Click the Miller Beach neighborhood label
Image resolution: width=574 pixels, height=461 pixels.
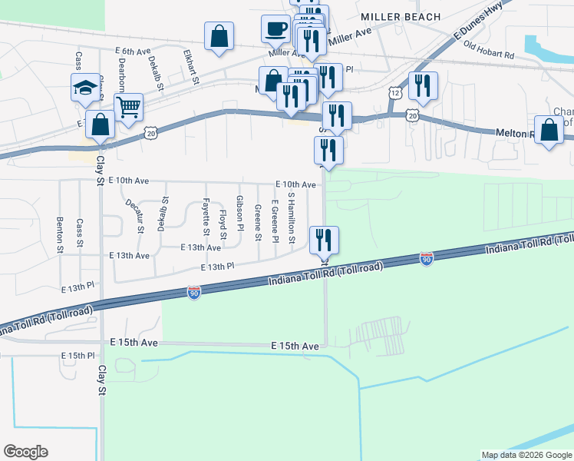(x=401, y=17)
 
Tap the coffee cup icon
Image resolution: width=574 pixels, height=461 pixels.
(x=275, y=30)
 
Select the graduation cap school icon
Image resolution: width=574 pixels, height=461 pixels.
(x=85, y=88)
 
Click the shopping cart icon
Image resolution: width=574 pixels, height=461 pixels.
(x=128, y=108)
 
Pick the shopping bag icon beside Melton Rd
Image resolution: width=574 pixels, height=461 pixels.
(x=550, y=130)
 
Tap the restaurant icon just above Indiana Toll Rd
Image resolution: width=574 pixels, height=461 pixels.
(x=324, y=240)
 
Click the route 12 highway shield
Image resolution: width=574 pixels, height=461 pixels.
(x=394, y=92)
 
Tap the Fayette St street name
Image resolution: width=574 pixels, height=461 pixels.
(x=206, y=217)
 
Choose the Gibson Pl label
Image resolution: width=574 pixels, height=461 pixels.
(x=240, y=213)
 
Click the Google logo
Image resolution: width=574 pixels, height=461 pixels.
(x=25, y=452)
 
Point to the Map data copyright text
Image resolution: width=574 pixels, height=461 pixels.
(x=526, y=455)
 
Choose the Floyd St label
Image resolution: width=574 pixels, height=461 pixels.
(x=223, y=223)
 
